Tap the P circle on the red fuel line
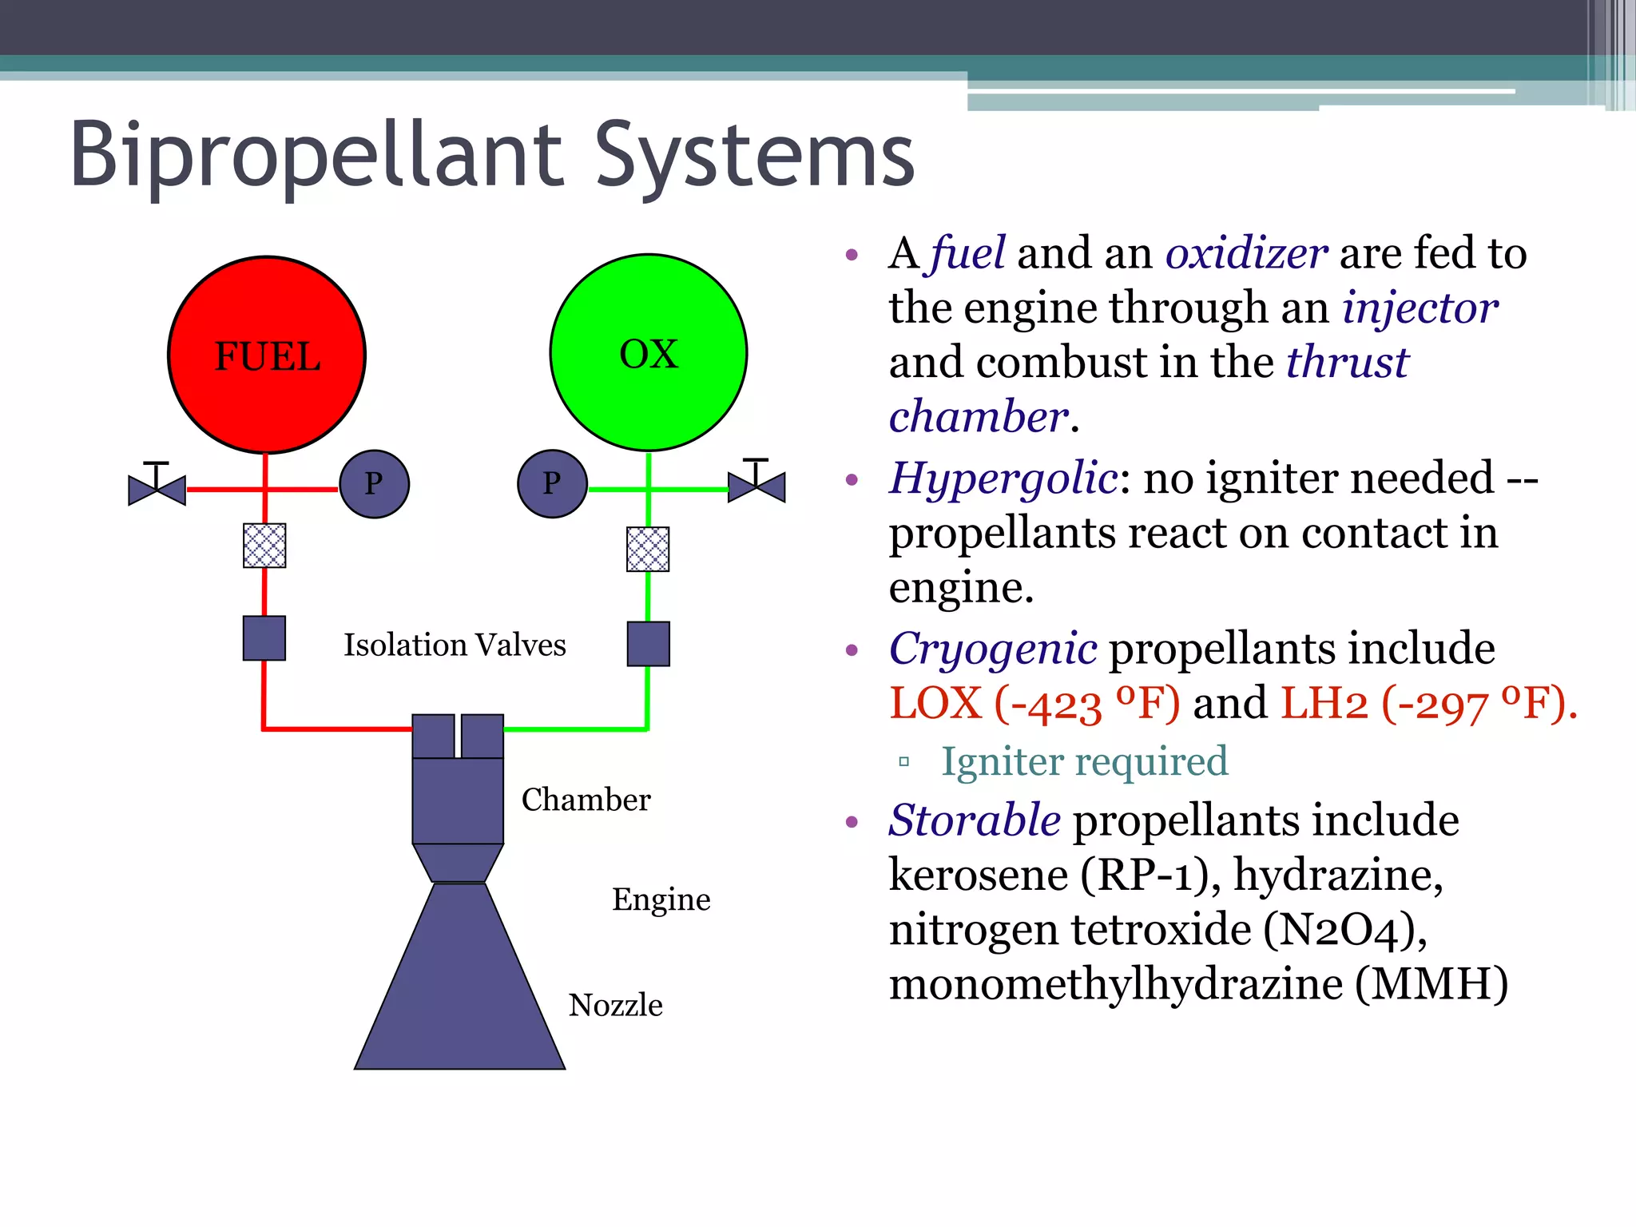pyautogui.click(x=374, y=484)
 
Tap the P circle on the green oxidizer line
pyautogui.click(x=552, y=484)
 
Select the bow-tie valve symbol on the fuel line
pyautogui.click(x=157, y=487)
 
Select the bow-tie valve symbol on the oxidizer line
pyautogui.click(x=756, y=486)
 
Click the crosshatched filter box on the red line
pyautogui.click(x=264, y=546)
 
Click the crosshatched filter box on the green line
pyautogui.click(x=648, y=549)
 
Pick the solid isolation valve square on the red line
pyautogui.click(x=264, y=638)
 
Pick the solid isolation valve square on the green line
pyautogui.click(x=648, y=644)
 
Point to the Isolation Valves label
pyautogui.click(x=455, y=645)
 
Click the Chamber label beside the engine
pyautogui.click(x=586, y=800)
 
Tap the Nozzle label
pyautogui.click(x=615, y=1005)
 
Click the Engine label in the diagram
pyautogui.click(x=661, y=899)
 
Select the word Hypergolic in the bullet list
pyautogui.click(x=1003, y=479)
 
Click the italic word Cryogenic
pyautogui.click(x=993, y=649)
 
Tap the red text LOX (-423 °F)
pyautogui.click(x=1034, y=704)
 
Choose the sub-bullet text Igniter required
pyautogui.click(x=1084, y=761)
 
